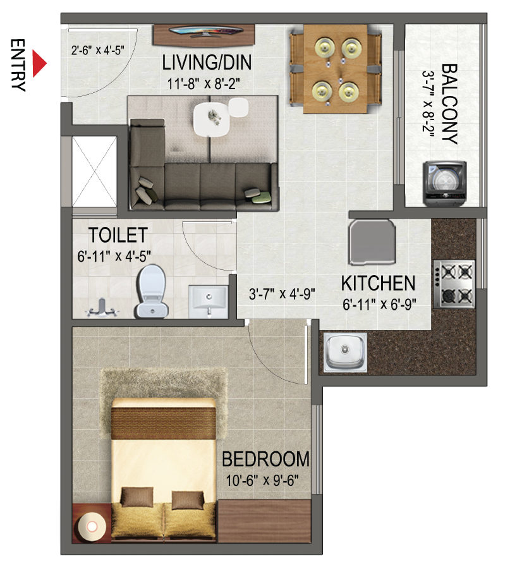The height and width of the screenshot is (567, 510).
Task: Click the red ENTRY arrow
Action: tap(39, 64)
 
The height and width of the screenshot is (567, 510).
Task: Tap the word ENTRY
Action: tap(18, 65)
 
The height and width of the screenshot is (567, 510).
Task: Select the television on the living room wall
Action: tap(205, 32)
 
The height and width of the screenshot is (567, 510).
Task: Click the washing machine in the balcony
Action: tap(444, 183)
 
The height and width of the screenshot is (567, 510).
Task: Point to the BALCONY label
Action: tap(449, 104)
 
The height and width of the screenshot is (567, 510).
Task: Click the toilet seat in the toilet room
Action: tap(152, 291)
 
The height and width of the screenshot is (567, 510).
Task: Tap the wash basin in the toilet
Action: tap(209, 302)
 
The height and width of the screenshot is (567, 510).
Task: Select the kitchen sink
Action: tap(345, 353)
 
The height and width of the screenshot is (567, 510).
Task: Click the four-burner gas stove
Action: tap(454, 284)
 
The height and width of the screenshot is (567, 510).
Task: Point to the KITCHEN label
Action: tap(378, 283)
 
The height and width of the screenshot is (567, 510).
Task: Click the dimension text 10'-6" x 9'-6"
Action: tap(262, 480)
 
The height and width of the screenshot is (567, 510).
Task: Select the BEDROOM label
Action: tap(265, 460)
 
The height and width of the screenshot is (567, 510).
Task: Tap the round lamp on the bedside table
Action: tap(91, 527)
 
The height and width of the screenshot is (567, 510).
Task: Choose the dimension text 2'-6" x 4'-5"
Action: tap(97, 50)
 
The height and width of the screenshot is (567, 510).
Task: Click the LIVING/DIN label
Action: tap(207, 63)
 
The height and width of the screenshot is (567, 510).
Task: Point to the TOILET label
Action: tap(118, 235)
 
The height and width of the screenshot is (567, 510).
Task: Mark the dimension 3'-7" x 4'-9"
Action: tap(282, 294)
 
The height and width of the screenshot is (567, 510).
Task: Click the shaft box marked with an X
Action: tap(95, 171)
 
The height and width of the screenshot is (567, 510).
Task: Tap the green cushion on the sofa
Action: tap(262, 197)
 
